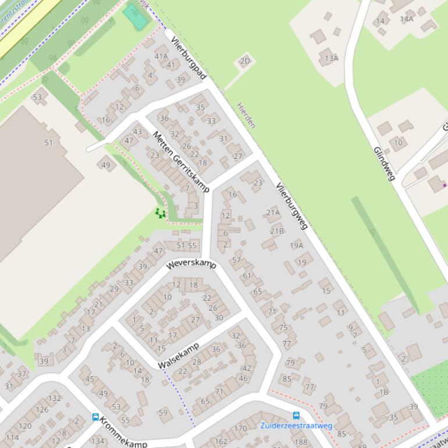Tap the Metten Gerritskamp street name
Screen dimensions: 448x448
(180, 162)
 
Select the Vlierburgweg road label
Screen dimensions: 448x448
(291, 207)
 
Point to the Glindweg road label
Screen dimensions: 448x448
(385, 163)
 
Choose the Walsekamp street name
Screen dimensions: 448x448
(179, 355)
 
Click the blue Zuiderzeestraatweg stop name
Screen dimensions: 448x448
(296, 426)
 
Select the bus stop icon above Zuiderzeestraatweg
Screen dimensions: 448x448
(296, 415)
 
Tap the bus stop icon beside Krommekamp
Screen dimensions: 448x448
(95, 417)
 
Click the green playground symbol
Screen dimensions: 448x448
(160, 214)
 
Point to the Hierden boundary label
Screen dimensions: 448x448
(246, 116)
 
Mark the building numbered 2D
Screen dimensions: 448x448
(245, 61)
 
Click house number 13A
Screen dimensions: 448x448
(332, 58)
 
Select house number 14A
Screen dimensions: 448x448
(406, 19)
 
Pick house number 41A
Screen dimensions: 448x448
(161, 56)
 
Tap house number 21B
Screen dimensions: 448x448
(277, 231)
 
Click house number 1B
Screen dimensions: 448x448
(383, 392)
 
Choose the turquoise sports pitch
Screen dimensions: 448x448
(136, 17)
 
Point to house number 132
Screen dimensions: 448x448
(55, 398)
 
